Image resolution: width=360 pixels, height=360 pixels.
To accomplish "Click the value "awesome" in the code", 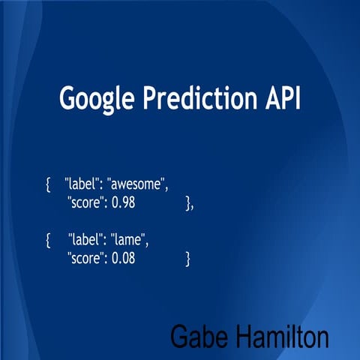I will tap(136, 184).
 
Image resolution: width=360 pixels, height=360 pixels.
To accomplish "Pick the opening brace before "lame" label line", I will tap(48, 241).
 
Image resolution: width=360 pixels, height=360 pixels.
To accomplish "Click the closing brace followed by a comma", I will tap(189, 202).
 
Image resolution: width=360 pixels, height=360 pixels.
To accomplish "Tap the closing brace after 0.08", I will tap(187, 259).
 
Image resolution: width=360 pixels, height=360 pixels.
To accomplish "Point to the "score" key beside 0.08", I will tap(85, 258).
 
